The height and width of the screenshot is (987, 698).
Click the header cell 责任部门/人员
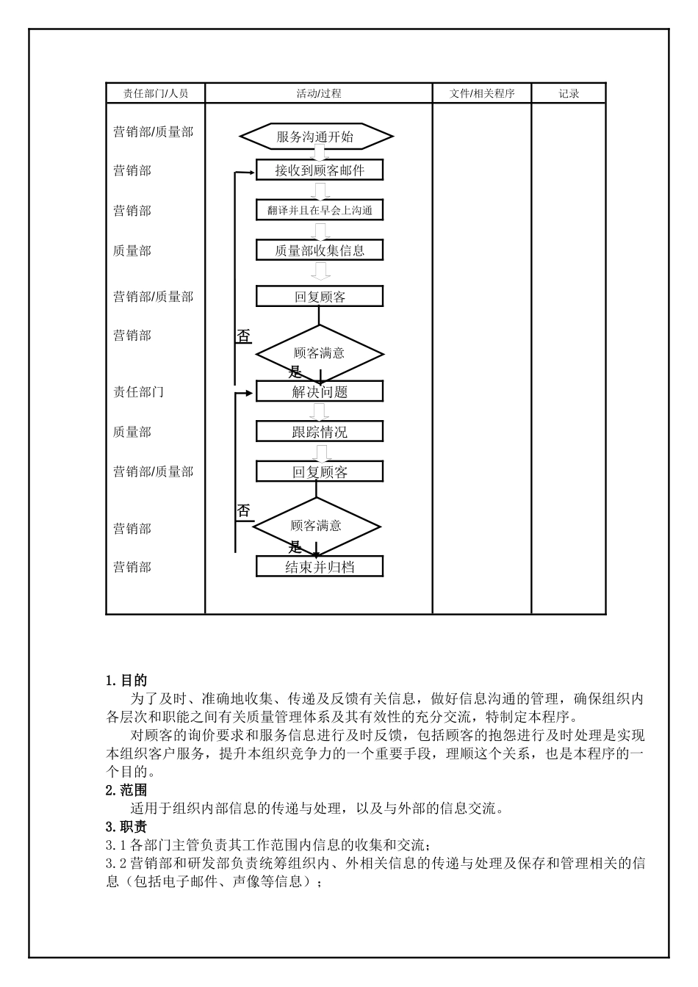tap(155, 93)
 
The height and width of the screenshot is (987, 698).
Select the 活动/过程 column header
tap(318, 93)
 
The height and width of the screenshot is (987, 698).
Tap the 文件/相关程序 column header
tap(482, 93)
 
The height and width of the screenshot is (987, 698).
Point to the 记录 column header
tap(569, 93)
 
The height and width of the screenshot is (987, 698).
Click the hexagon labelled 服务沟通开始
tap(316, 137)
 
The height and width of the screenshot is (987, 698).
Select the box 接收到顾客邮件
tap(320, 170)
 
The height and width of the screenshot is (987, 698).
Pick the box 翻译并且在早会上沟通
tap(320, 210)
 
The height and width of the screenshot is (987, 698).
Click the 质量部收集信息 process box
tap(320, 250)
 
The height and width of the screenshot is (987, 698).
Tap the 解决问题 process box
tap(320, 391)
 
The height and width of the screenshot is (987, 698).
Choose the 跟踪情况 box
tap(320, 431)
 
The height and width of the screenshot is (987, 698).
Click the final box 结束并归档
tap(320, 566)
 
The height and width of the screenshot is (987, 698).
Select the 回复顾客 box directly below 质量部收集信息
tap(320, 297)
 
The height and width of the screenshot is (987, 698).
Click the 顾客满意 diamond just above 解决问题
tap(320, 353)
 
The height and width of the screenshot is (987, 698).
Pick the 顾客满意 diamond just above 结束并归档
tap(317, 526)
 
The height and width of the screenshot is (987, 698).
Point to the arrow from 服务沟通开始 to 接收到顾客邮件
tap(319, 153)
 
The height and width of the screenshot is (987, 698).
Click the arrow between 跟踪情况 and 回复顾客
tap(319, 452)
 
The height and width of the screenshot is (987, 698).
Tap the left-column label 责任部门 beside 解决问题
tap(138, 392)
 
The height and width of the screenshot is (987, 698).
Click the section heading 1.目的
tap(126, 681)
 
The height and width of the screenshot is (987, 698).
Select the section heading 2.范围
tap(126, 790)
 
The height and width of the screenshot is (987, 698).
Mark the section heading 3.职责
tap(126, 827)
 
